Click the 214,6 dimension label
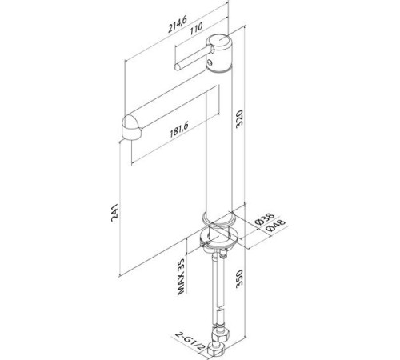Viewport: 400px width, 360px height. tap(177, 24)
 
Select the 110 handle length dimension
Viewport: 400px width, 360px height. tap(196, 28)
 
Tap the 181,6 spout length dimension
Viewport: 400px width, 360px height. tap(179, 129)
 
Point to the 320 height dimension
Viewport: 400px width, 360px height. tap(239, 118)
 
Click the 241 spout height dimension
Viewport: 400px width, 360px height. tap(114, 212)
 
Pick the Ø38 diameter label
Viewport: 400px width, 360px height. tap(264, 218)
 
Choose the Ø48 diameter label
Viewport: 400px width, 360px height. tap(275, 226)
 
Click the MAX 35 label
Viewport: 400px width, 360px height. tap(181, 276)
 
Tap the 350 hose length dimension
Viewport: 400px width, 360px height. tap(239, 278)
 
